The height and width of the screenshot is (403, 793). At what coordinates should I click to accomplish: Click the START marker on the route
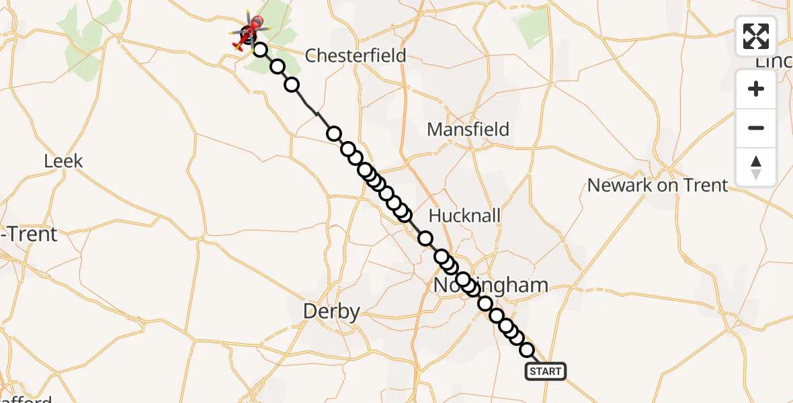click(545, 371)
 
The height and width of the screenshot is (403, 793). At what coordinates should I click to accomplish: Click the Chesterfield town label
click(356, 55)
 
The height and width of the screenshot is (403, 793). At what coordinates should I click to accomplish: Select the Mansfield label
click(468, 129)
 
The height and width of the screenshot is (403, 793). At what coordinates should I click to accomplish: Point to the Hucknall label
click(464, 216)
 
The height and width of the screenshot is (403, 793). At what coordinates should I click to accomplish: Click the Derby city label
click(331, 312)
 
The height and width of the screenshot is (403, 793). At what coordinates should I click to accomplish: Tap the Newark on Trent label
click(657, 185)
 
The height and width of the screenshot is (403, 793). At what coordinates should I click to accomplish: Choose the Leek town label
click(63, 161)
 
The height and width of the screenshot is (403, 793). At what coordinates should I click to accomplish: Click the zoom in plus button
click(756, 89)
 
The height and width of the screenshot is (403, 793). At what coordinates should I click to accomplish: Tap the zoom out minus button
click(756, 128)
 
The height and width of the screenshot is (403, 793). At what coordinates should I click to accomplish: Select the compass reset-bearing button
click(756, 167)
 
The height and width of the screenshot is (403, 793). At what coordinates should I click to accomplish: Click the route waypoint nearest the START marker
click(527, 350)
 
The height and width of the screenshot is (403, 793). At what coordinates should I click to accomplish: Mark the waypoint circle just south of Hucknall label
click(425, 238)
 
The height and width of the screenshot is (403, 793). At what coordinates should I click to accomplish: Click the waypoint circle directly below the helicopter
click(259, 50)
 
